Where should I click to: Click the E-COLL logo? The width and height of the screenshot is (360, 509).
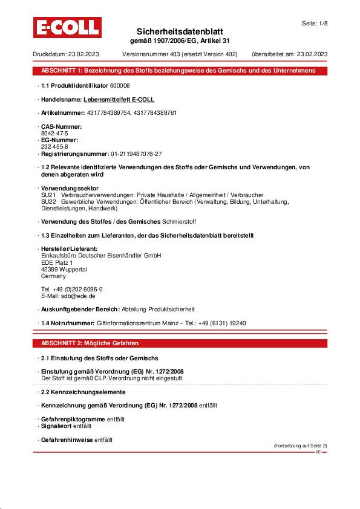(x=67, y=28)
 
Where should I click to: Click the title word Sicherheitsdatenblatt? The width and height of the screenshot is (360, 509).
(x=180, y=31)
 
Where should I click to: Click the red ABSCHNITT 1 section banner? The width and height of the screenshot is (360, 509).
(x=180, y=71)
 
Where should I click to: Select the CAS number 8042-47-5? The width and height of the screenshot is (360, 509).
(x=54, y=132)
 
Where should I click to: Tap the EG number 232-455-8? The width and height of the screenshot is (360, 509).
(x=54, y=146)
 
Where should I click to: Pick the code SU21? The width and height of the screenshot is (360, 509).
(x=48, y=195)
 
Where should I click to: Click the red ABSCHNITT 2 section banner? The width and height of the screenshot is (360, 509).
(x=180, y=343)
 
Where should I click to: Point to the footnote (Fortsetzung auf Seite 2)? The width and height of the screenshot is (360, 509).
(x=300, y=446)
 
